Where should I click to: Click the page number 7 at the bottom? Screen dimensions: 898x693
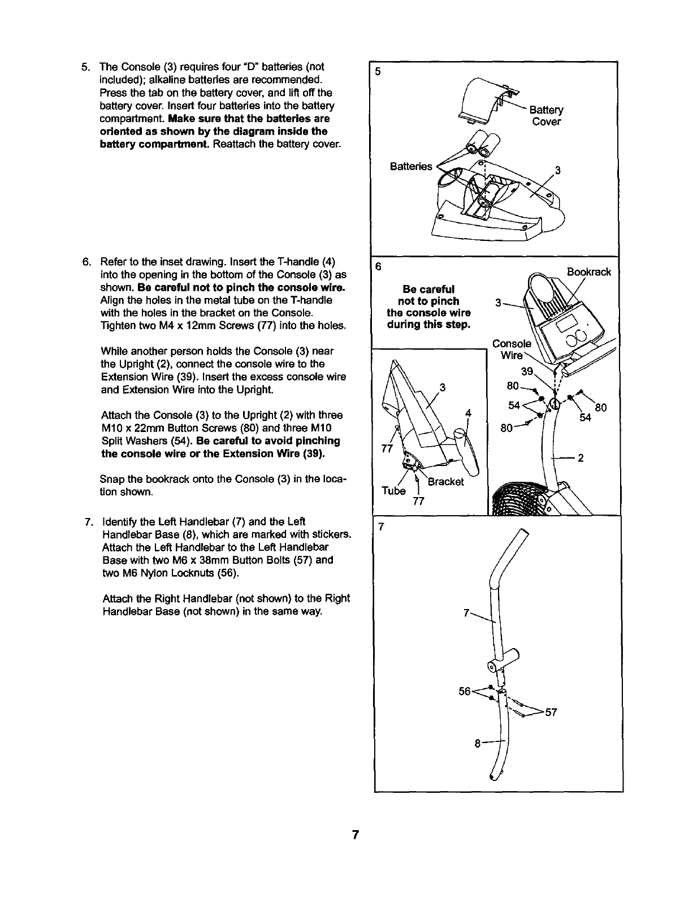[355, 835]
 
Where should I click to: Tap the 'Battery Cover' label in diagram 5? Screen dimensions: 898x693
[546, 116]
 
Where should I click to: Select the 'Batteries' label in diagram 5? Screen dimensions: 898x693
[411, 166]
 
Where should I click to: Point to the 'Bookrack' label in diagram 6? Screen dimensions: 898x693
[589, 272]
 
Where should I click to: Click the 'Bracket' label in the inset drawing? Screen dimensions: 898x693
[445, 482]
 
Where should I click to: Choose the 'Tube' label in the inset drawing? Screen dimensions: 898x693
[393, 490]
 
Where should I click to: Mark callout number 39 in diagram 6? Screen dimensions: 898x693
[527, 371]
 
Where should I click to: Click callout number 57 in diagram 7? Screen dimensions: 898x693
[551, 712]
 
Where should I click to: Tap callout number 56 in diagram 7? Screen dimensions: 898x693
[465, 691]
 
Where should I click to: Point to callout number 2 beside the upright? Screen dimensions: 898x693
[581, 458]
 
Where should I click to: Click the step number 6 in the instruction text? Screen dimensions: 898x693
[86, 262]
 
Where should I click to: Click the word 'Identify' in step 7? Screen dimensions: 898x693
[120, 521]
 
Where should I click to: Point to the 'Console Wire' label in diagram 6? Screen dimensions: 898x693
[512, 349]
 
